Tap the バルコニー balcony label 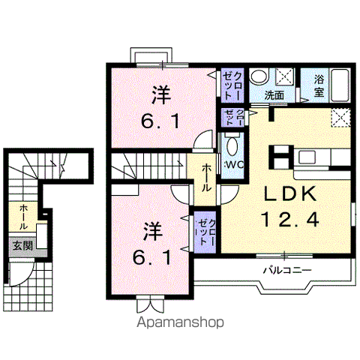click(287, 268)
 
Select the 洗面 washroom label click(274, 94)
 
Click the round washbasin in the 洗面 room click(259, 76)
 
